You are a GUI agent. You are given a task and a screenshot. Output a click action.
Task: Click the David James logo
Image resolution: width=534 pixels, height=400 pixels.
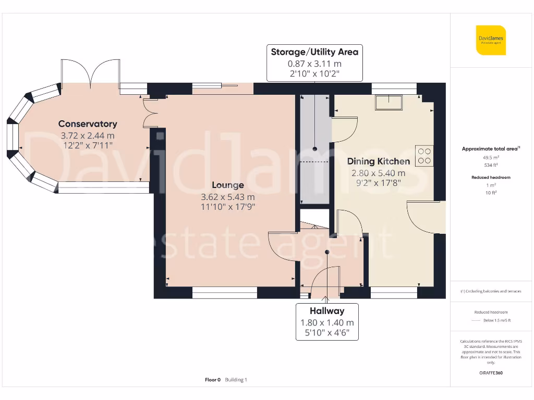tap(491, 40)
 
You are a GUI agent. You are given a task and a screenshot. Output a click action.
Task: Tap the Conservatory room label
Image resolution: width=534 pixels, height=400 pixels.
tap(88, 124)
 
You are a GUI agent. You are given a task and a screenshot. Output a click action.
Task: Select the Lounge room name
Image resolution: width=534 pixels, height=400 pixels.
tap(227, 185)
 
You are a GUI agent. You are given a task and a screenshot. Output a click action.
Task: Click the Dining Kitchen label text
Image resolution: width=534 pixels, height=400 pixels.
tap(378, 161)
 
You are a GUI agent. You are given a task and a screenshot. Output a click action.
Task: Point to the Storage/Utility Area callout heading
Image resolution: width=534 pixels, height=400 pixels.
tap(314, 52)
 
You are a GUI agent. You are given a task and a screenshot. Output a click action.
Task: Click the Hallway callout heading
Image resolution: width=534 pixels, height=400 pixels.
tap(327, 311)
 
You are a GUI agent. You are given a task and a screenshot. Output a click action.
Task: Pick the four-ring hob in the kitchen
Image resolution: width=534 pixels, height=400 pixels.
tap(424, 155)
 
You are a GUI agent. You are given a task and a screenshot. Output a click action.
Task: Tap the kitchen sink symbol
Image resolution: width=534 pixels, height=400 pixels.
tap(388, 103)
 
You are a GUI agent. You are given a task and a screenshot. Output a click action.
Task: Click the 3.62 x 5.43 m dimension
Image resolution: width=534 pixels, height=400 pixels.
tap(228, 197)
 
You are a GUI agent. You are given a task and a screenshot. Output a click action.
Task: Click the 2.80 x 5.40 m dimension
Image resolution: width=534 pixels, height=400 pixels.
tap(378, 173)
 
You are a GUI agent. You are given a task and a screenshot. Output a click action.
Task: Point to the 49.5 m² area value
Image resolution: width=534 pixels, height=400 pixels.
tap(490, 157)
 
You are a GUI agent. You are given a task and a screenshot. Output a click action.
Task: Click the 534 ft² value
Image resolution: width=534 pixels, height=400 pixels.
tap(490, 165)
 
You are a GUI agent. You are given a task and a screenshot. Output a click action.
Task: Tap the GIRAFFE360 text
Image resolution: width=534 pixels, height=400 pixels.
tap(490, 373)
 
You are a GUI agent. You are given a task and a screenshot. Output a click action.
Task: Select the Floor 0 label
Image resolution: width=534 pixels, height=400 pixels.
tap(213, 380)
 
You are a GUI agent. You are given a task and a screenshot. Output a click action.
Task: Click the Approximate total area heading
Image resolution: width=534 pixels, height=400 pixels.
tap(490, 149)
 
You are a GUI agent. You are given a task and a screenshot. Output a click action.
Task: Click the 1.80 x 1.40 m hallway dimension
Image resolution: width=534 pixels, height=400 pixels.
tap(327, 323)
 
